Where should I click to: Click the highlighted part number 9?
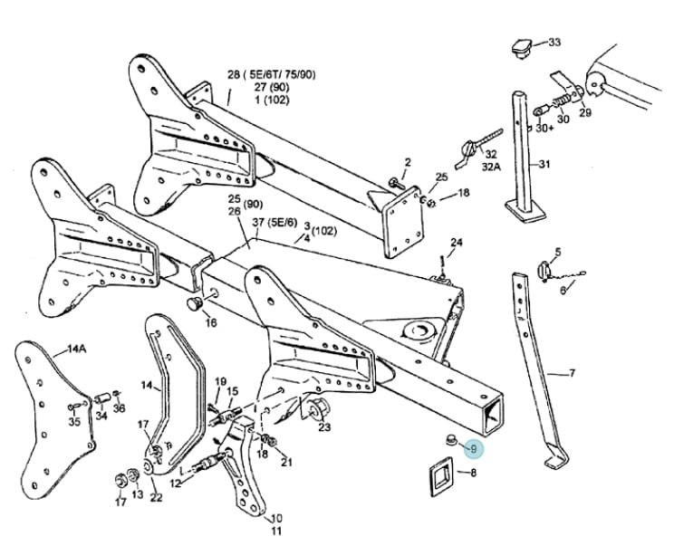[474, 449]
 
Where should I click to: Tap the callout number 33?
[554, 42]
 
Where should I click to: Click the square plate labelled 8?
[442, 477]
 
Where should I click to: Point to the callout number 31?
[544, 164]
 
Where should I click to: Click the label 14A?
[76, 349]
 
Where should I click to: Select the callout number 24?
[456, 243]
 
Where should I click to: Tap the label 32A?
[491, 167]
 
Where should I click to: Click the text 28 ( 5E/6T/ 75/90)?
[271, 75]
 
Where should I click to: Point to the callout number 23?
[324, 427]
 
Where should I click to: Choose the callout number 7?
[572, 373]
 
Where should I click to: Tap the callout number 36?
[119, 407]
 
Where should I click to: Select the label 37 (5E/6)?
[274, 223]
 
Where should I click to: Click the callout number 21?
[286, 462]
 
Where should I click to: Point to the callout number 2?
[408, 162]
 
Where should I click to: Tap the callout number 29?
[585, 112]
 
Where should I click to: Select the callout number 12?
[176, 484]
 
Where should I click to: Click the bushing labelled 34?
[102, 398]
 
